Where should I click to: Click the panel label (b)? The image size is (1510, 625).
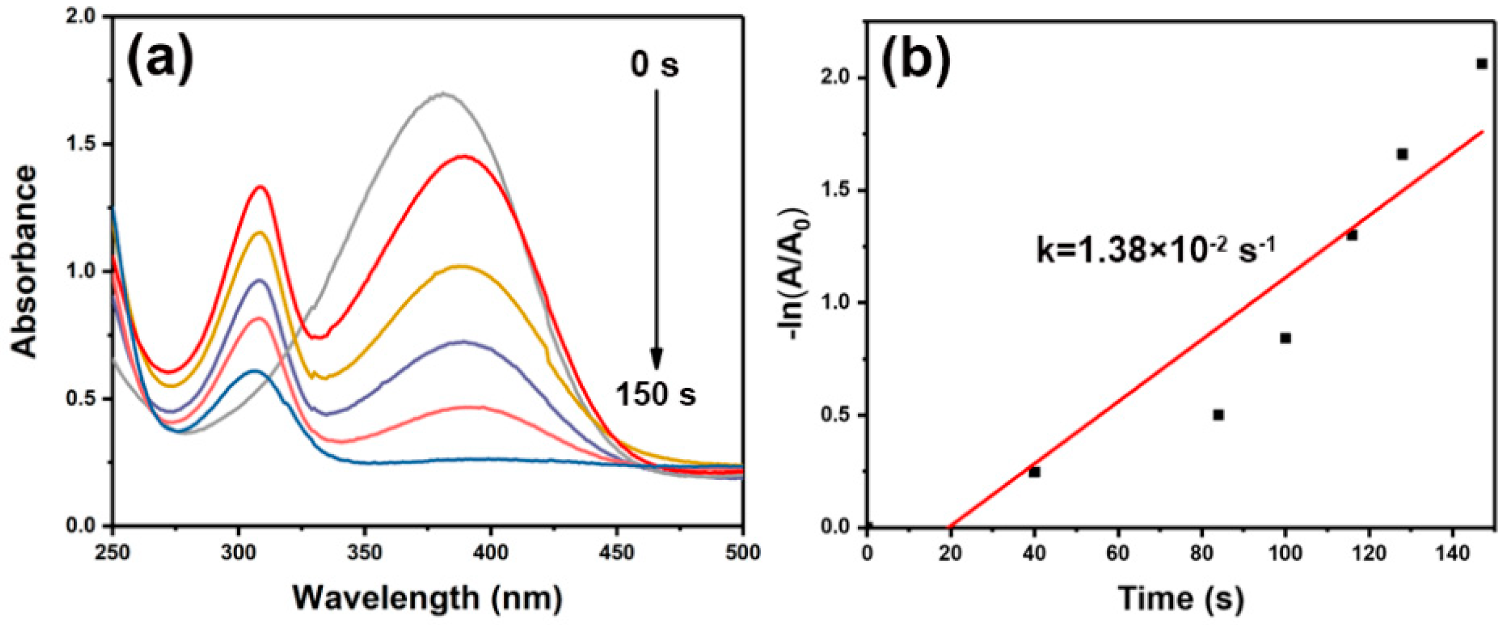point(916,60)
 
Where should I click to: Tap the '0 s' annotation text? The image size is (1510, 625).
point(654,64)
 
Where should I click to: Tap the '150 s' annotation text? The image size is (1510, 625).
point(655,393)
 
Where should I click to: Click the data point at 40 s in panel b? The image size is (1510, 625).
point(1034,472)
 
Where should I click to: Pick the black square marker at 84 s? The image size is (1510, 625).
point(1219,414)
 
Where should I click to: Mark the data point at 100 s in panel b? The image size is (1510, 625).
point(1285,338)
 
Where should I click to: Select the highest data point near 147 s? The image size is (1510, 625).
point(1482,80)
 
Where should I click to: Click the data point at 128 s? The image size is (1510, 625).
point(1402,154)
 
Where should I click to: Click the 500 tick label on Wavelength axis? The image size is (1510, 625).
point(743,552)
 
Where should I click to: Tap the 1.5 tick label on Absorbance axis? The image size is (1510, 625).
point(88,144)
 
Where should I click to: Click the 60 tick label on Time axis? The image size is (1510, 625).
point(1118,553)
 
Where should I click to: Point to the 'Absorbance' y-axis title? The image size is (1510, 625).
point(24,262)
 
